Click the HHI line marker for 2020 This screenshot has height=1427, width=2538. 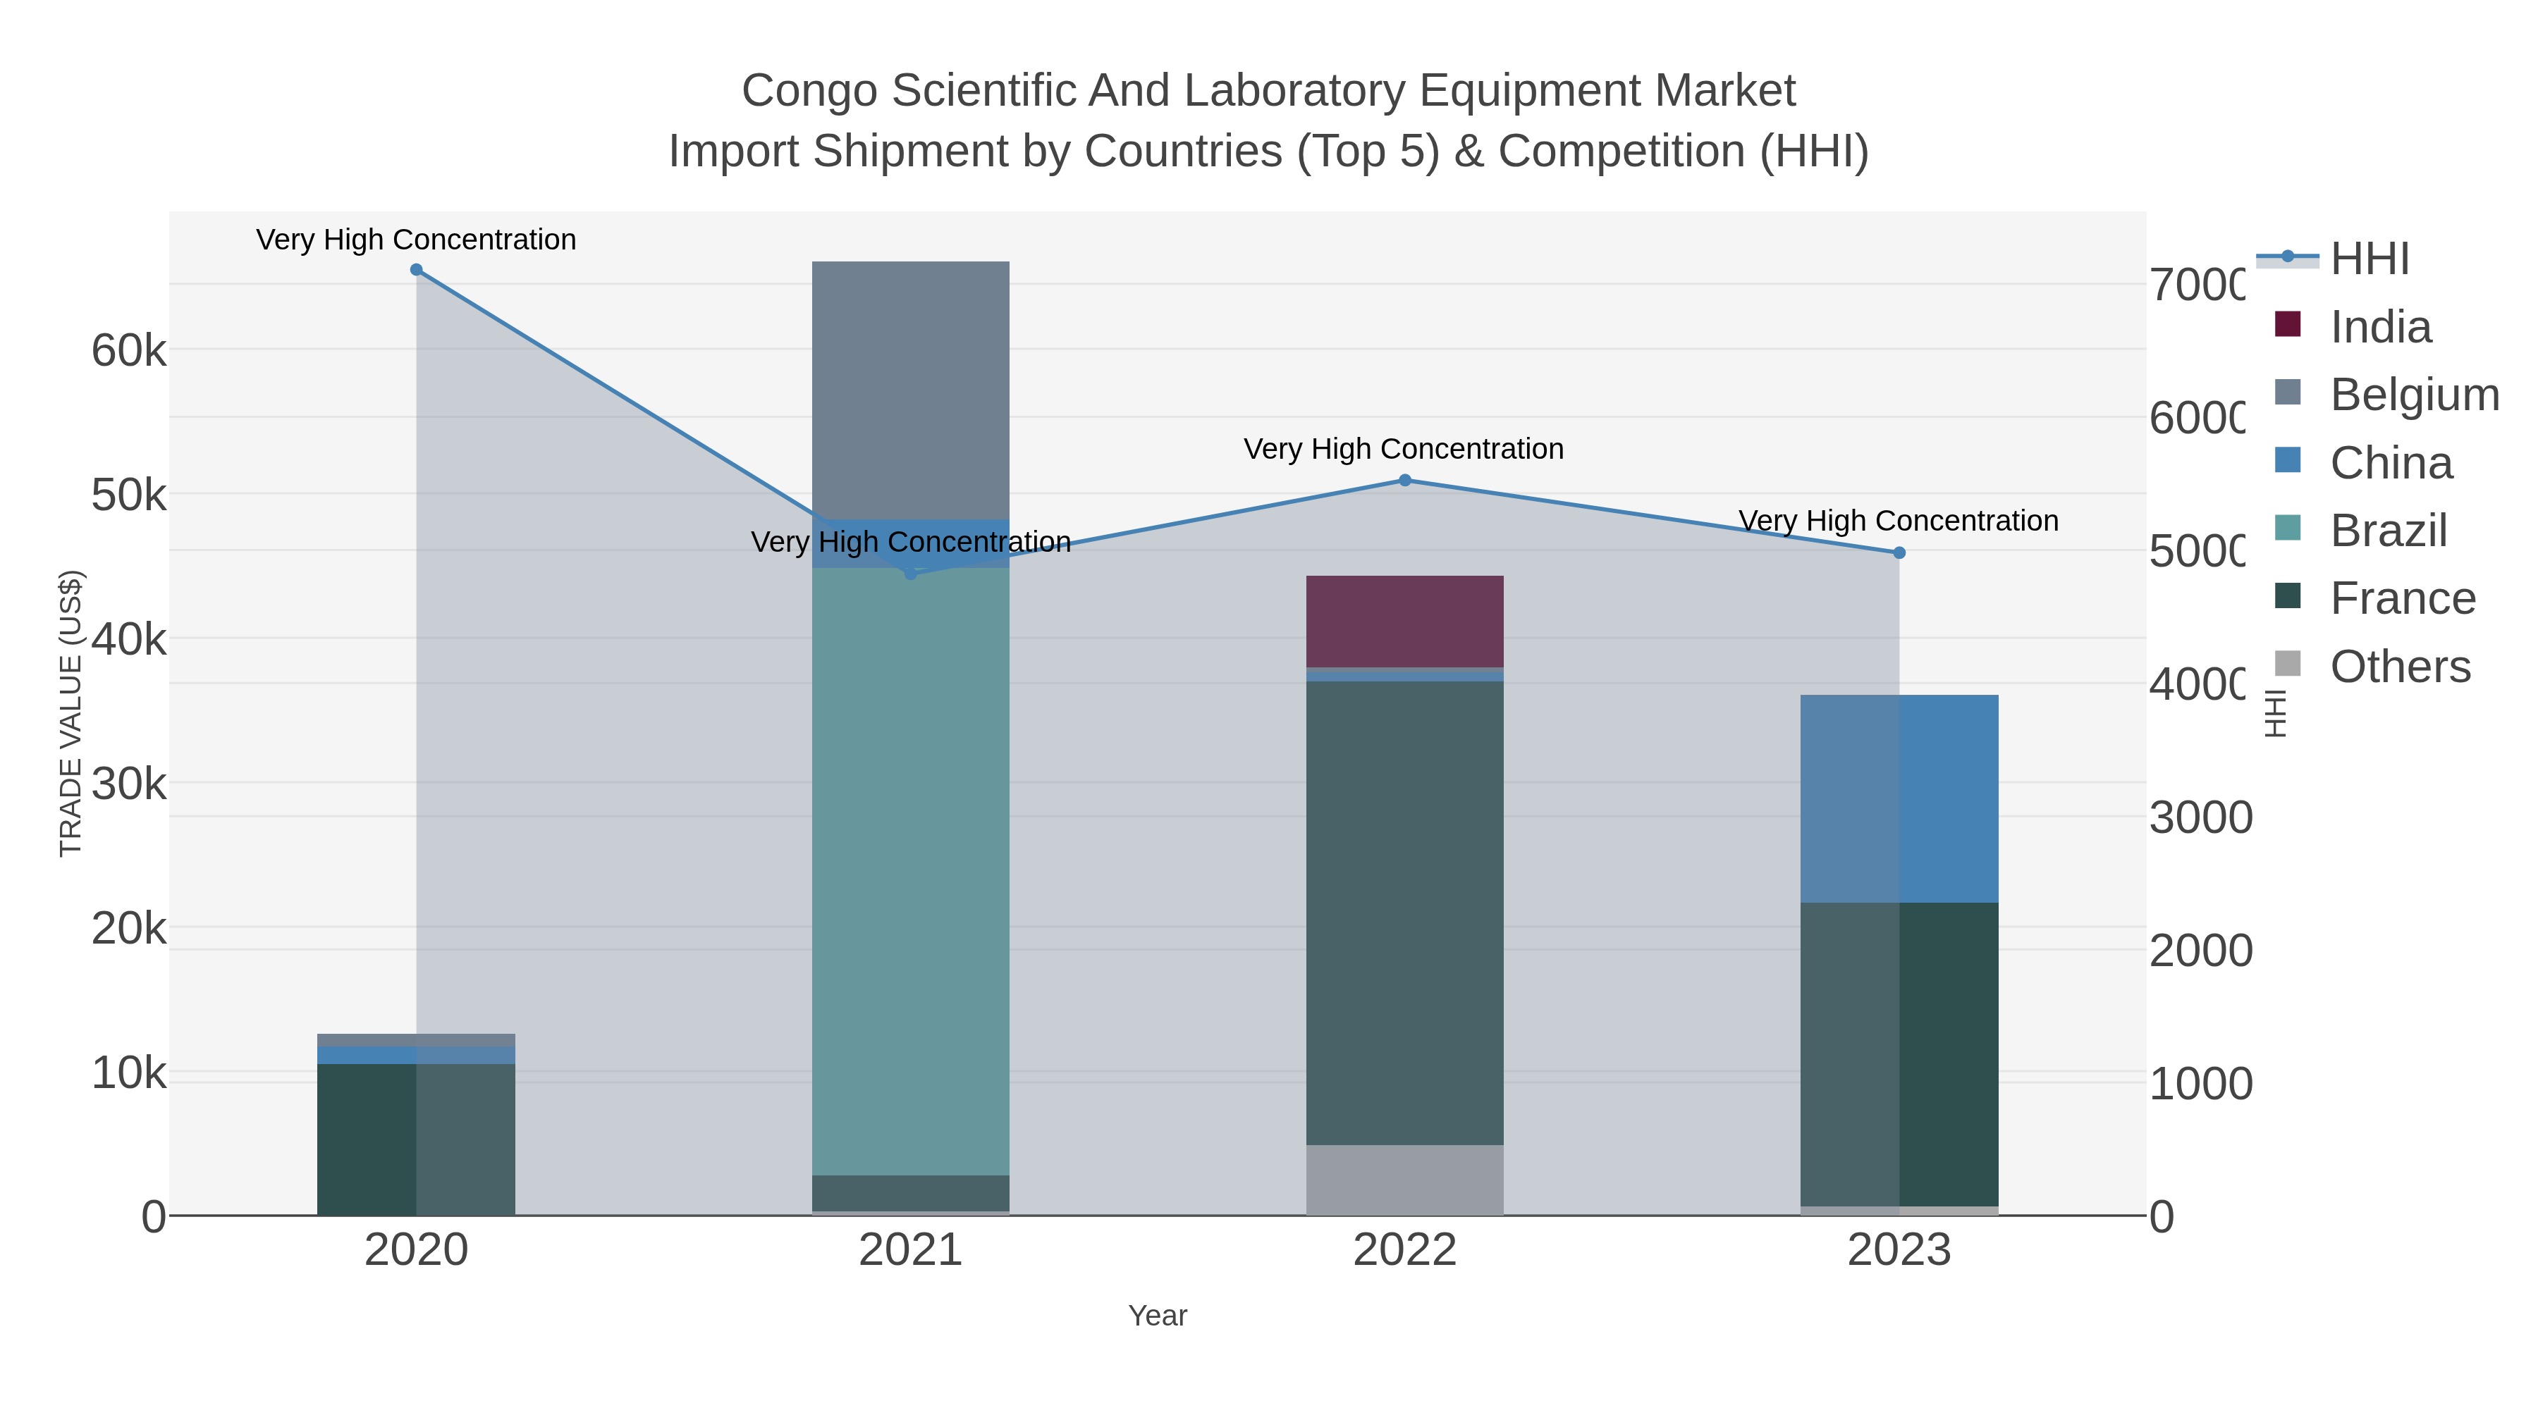pos(416,270)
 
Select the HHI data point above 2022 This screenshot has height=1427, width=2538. pos(1405,481)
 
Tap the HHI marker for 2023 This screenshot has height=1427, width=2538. pos(1899,552)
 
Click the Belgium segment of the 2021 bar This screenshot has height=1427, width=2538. pos(910,389)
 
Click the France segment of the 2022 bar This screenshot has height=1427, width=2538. pos(1405,912)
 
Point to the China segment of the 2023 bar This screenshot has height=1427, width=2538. pos(1899,798)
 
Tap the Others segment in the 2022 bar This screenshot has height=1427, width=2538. pos(1405,1179)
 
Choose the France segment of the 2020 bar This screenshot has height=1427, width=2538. pos(416,1139)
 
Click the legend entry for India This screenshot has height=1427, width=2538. pos(2380,327)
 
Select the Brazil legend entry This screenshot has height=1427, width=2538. pos(2389,531)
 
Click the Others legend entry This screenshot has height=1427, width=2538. pos(2400,667)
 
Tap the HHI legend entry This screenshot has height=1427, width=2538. pos(2370,259)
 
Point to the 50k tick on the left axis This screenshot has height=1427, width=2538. pos(129,495)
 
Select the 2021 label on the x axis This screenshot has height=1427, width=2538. pos(910,1249)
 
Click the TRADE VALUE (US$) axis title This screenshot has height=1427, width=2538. pos(71,713)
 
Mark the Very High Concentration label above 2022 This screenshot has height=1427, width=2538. pos(1403,449)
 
